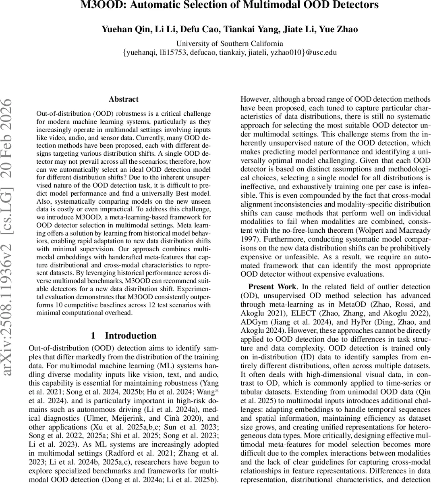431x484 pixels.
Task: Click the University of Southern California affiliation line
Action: [230, 44]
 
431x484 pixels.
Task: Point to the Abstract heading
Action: [124, 99]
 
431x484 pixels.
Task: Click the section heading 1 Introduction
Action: [124, 336]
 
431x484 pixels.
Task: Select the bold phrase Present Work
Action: [271, 287]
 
